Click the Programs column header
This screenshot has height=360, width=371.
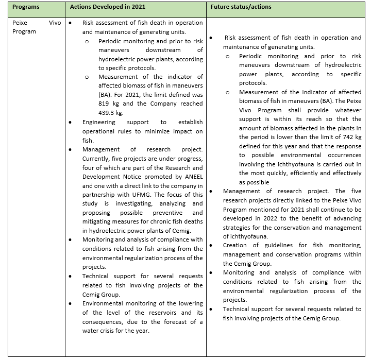pyautogui.click(x=27, y=8)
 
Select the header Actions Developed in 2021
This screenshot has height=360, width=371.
pyautogui.click(x=108, y=8)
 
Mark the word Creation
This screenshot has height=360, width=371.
pyautogui.click(x=235, y=245)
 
